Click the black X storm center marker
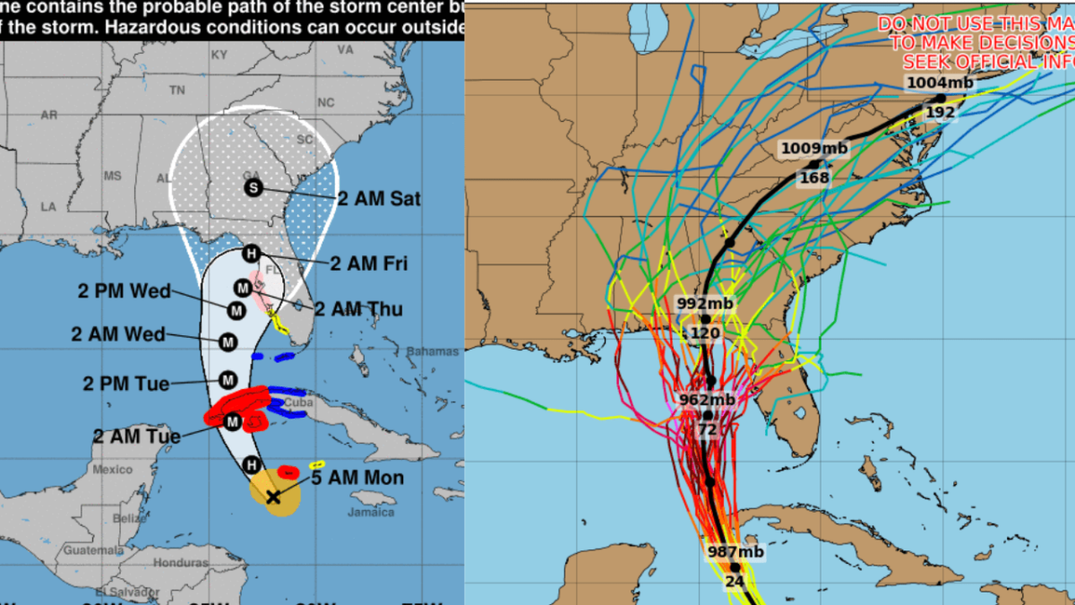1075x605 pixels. click(x=273, y=497)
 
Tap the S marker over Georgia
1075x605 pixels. click(x=254, y=187)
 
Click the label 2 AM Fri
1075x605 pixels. click(x=368, y=264)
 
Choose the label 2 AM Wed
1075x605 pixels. click(x=118, y=334)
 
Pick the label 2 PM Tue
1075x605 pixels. click(x=126, y=384)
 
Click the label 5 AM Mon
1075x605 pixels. click(x=358, y=479)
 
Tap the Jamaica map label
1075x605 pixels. click(x=372, y=513)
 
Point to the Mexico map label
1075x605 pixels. click(x=113, y=470)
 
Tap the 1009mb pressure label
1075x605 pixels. click(x=813, y=148)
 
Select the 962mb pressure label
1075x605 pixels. click(x=707, y=400)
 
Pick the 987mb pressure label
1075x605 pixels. click(x=735, y=552)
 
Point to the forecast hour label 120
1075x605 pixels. click(x=706, y=333)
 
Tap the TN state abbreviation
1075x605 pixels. click(x=177, y=91)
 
